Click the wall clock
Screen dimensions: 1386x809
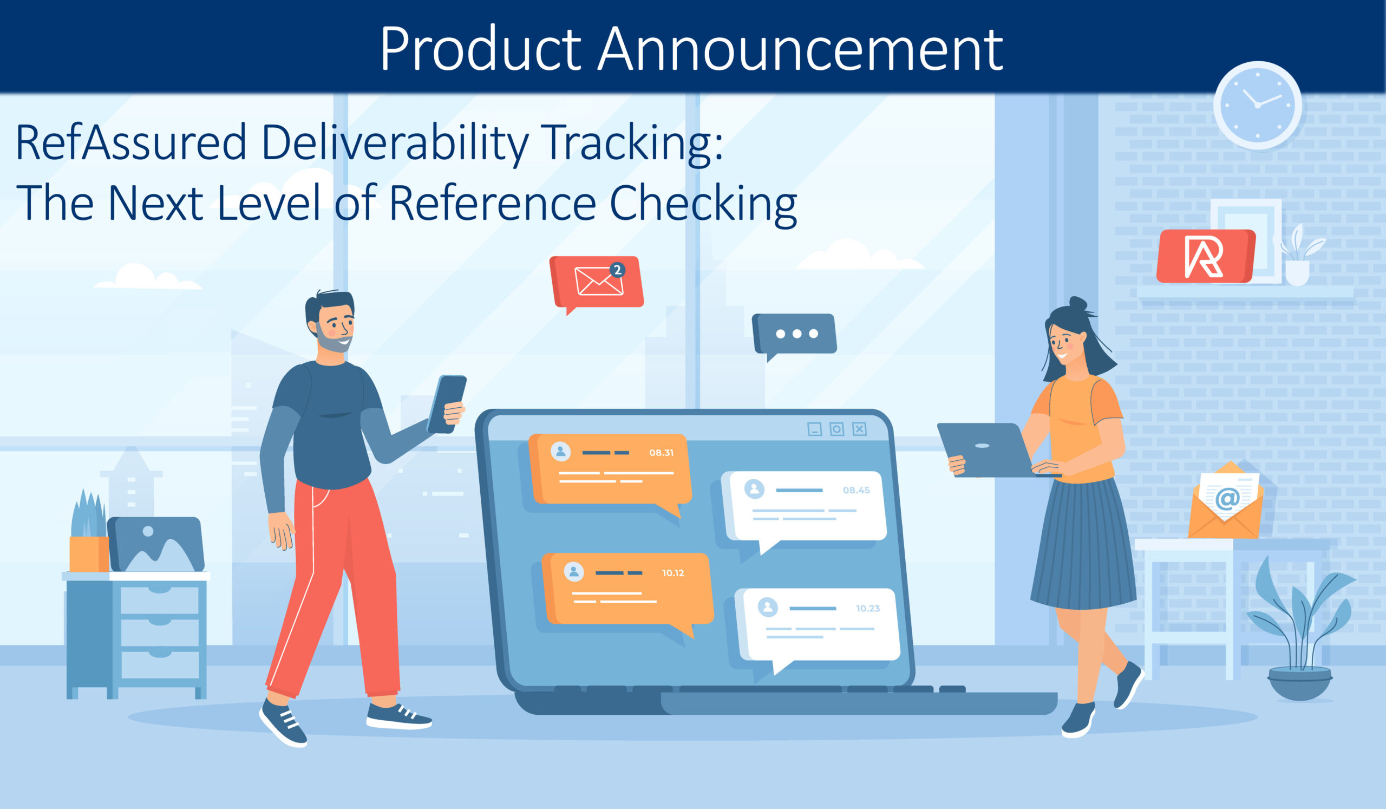[x=1257, y=105]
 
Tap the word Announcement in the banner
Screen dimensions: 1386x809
[x=800, y=49]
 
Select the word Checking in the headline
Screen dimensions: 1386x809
[x=703, y=204]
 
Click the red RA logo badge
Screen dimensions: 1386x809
[x=1206, y=256]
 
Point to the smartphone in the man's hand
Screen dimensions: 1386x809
[x=448, y=404]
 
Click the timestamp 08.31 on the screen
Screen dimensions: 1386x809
[x=661, y=453]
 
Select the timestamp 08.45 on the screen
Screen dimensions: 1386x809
[x=857, y=491]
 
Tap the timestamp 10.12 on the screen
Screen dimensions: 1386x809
[x=673, y=573]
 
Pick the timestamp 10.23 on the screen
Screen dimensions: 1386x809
[x=868, y=608]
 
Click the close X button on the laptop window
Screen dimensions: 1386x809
[x=860, y=429]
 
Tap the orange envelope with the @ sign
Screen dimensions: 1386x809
[x=1226, y=501]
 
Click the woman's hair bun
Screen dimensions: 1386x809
[x=1078, y=304]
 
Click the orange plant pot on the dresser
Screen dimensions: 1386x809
[x=89, y=554]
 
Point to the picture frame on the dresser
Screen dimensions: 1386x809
[x=156, y=544]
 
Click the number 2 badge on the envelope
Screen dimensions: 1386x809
[x=618, y=270]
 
